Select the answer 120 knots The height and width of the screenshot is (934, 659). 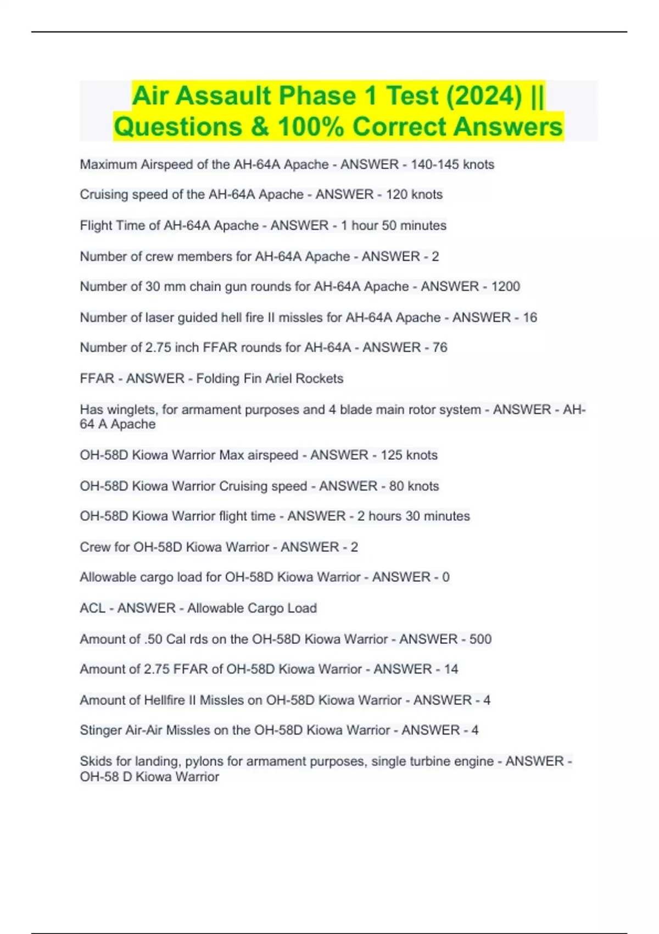pos(414,194)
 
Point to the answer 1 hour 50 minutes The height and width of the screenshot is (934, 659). pos(394,225)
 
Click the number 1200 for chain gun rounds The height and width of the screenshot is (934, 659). pos(505,286)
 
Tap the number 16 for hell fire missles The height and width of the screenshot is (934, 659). pos(530,317)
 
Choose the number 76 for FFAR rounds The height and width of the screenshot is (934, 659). pos(440,347)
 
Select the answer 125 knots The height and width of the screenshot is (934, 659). pos(409,455)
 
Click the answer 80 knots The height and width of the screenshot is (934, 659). pos(414,486)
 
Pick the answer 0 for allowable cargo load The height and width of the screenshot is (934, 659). pos(446,577)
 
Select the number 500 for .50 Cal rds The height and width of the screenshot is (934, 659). pos(481,639)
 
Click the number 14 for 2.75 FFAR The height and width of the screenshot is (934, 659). pos(451,669)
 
